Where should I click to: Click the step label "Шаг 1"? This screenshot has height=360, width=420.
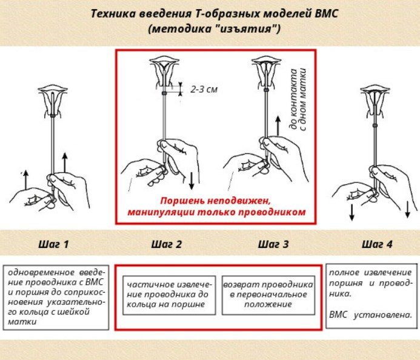53,244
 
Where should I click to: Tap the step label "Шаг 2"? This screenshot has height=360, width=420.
166,244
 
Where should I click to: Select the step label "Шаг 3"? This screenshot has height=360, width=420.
273,244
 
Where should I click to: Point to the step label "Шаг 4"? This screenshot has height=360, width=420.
377,244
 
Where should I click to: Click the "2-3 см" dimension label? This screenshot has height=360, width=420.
204,89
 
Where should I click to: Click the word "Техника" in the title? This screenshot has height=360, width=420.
113,13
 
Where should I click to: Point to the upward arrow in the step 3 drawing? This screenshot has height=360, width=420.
278,126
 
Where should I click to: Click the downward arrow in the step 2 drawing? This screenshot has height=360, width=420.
192,181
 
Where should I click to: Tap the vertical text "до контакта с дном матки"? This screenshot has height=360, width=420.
298,99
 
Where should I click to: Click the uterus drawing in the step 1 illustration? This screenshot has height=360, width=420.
53,101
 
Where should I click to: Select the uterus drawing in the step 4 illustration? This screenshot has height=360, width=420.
375,101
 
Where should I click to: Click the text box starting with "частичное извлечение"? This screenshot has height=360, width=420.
169,295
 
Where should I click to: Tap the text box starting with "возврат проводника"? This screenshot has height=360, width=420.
268,295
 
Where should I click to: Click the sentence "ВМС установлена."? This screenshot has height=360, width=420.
370,315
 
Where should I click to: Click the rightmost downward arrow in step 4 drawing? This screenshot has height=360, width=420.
407,210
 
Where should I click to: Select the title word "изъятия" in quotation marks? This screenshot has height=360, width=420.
246,28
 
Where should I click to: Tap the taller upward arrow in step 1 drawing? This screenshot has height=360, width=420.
65,162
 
